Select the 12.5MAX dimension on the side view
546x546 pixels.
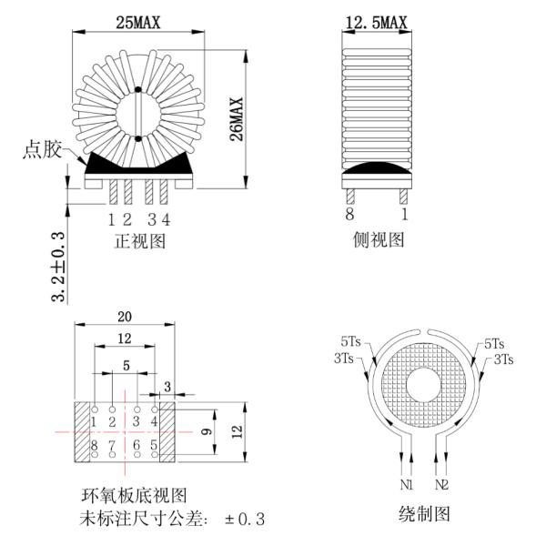coord(375,22)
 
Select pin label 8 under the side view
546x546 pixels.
coord(348,217)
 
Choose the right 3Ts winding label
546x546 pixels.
coord(504,359)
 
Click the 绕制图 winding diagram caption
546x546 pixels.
coord(424,513)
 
